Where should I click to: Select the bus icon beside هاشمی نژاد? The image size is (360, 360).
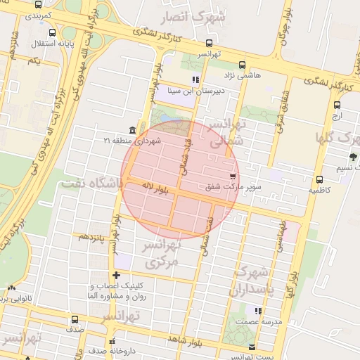[243, 64]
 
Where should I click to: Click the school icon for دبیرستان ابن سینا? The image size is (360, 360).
[195, 79]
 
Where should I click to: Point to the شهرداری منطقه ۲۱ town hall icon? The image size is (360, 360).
[132, 130]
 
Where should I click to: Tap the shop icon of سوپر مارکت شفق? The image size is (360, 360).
[232, 174]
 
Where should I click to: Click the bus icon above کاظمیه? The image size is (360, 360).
[320, 179]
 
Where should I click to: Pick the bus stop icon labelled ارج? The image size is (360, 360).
[337, 105]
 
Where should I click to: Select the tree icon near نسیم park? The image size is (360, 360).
[352, 156]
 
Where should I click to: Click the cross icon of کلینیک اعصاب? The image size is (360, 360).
[117, 275]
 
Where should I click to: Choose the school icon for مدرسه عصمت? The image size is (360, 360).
[258, 310]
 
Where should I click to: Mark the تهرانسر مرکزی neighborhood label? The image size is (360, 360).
[162, 254]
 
